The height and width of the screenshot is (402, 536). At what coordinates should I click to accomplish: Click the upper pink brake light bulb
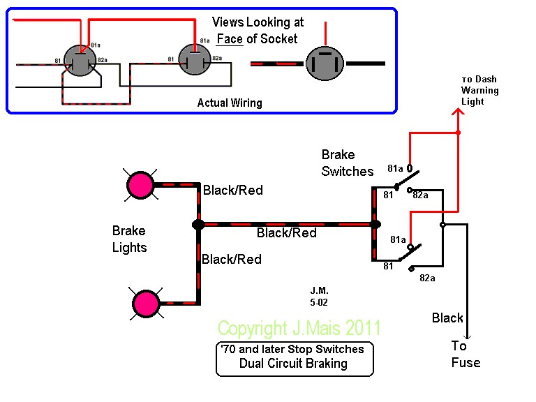click(x=140, y=185)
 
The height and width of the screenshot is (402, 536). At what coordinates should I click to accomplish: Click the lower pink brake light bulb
click(x=146, y=303)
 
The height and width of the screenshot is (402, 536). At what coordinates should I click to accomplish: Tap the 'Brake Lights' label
click(x=129, y=239)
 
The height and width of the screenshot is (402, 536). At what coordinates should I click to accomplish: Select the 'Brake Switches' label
click(x=347, y=163)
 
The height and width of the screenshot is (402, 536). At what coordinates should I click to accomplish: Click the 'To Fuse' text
click(x=466, y=354)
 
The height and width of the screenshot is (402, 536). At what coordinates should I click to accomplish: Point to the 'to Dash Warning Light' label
click(x=479, y=90)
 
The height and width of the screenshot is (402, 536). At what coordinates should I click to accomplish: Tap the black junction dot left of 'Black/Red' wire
click(x=198, y=225)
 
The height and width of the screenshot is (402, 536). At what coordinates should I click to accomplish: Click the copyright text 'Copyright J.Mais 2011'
click(x=299, y=328)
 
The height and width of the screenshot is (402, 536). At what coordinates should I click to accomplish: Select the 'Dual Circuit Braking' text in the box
click(x=293, y=363)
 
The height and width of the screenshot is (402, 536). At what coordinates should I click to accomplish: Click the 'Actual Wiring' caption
click(x=230, y=103)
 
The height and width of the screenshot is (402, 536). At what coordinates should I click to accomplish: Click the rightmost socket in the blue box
click(x=325, y=64)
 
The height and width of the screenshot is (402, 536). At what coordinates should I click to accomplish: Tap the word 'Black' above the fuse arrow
click(x=447, y=318)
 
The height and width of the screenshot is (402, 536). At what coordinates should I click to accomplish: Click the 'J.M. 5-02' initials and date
click(x=319, y=297)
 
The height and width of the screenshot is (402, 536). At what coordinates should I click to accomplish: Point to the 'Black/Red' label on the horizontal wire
click(x=287, y=233)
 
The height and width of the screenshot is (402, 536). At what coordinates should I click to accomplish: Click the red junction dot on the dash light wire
click(x=458, y=132)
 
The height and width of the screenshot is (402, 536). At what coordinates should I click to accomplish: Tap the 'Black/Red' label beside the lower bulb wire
click(x=232, y=260)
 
